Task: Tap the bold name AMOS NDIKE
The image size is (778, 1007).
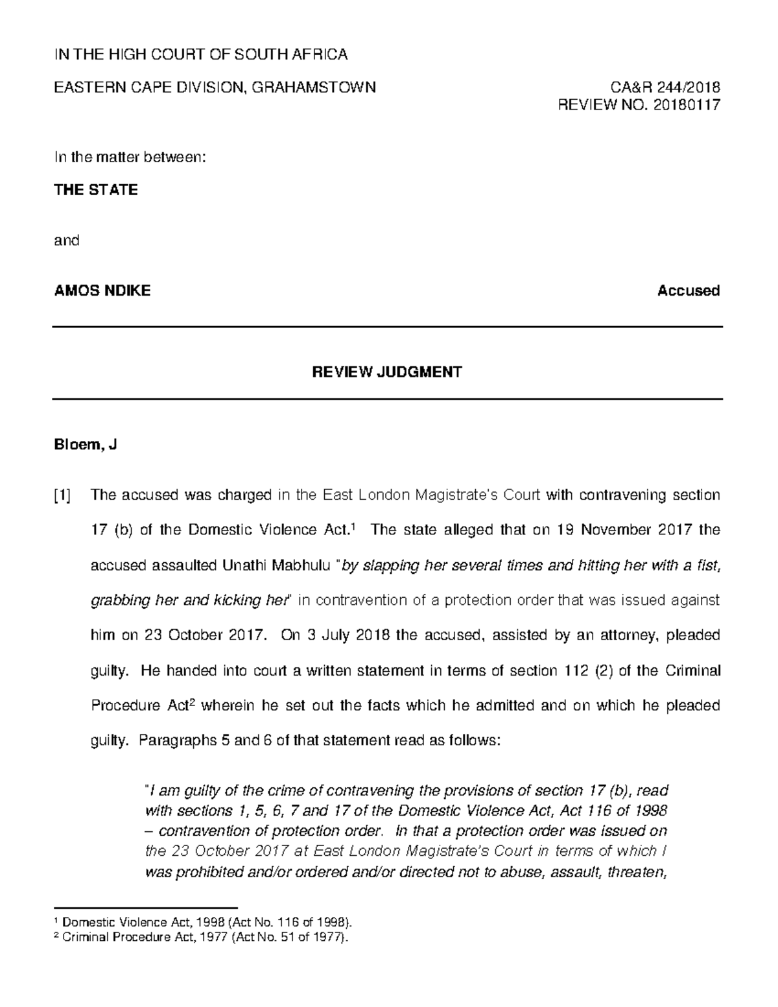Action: click(102, 290)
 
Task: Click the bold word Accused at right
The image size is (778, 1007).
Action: click(688, 290)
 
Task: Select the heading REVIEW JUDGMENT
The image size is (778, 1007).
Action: click(387, 372)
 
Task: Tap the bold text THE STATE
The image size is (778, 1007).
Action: click(95, 190)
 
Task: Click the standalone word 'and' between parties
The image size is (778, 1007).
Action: click(66, 241)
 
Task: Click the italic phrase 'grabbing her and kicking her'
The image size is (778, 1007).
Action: click(188, 600)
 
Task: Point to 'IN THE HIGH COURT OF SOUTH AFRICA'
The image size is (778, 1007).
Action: click(200, 54)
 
